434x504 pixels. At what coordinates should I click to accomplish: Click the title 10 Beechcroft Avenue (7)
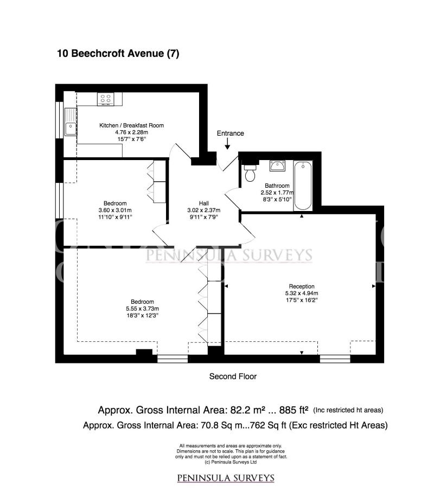[118, 53]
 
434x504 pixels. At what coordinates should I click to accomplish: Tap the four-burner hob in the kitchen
[105, 99]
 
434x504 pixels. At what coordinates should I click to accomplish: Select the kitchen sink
[71, 122]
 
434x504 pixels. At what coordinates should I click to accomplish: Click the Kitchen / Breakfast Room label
[131, 125]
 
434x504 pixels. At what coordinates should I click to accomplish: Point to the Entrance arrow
[227, 144]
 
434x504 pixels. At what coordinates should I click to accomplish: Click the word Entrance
[230, 133]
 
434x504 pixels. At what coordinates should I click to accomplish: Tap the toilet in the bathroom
[250, 173]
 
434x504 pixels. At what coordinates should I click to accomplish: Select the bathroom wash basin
[277, 166]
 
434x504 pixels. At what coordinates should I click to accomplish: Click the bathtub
[303, 186]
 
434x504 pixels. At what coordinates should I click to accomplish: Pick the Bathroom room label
[277, 186]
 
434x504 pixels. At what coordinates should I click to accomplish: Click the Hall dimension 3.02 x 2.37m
[204, 210]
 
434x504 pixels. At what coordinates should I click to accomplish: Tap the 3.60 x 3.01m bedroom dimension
[115, 210]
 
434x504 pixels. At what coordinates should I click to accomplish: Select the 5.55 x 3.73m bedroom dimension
[143, 309]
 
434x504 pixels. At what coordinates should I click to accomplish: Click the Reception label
[302, 286]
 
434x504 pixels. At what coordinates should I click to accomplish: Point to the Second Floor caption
[233, 377]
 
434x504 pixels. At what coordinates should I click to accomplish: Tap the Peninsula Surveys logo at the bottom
[226, 478]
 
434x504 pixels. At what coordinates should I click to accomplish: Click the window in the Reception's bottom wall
[335, 359]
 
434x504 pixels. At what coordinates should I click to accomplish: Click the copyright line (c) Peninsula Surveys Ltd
[231, 462]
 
